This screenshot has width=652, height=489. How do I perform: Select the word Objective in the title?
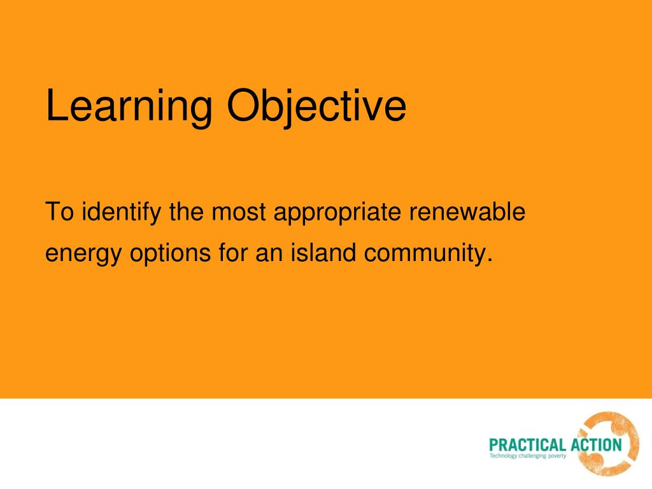tap(316, 107)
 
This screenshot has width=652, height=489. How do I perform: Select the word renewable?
tap(467, 211)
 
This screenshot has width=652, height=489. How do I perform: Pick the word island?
tap(323, 253)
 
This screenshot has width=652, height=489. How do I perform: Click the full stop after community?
tap(490, 260)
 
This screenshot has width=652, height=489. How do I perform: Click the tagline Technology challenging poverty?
tap(527, 456)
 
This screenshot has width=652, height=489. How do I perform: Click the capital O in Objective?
tap(241, 107)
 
